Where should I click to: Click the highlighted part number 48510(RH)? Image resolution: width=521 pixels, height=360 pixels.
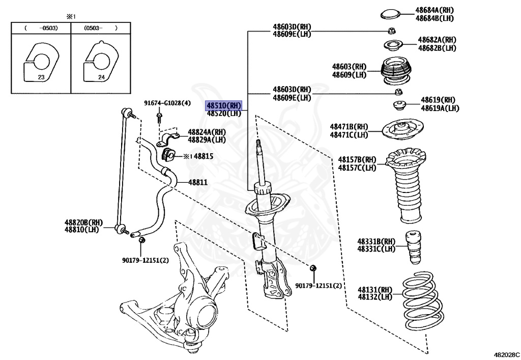click(x=223, y=105)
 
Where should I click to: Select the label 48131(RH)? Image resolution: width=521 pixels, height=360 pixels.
click(x=375, y=289)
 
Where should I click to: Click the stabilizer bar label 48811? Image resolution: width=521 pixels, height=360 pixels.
click(x=198, y=182)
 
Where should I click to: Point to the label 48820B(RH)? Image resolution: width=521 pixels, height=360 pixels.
click(x=83, y=223)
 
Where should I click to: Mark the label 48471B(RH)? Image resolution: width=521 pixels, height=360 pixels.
click(x=349, y=127)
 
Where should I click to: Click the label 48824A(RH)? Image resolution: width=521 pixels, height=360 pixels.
click(x=207, y=132)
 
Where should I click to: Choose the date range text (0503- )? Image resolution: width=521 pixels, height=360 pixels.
click(x=101, y=29)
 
